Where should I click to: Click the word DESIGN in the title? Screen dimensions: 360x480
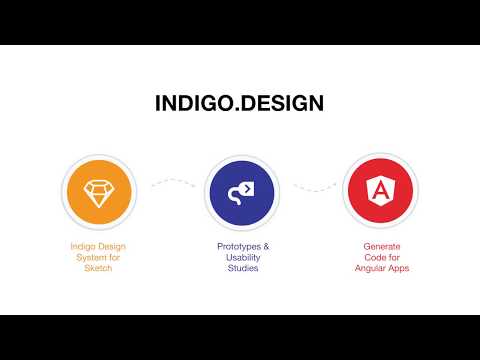click(x=282, y=103)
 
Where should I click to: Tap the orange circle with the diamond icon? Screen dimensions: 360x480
click(x=98, y=191)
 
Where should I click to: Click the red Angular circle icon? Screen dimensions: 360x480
click(x=379, y=191)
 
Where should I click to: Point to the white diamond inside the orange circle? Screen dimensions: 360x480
click(x=98, y=191)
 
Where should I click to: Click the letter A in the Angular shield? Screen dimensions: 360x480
click(x=379, y=191)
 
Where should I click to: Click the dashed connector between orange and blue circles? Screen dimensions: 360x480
click(x=171, y=184)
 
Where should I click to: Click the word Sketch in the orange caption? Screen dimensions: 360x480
click(x=98, y=268)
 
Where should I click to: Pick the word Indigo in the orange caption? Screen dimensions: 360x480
click(x=84, y=246)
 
